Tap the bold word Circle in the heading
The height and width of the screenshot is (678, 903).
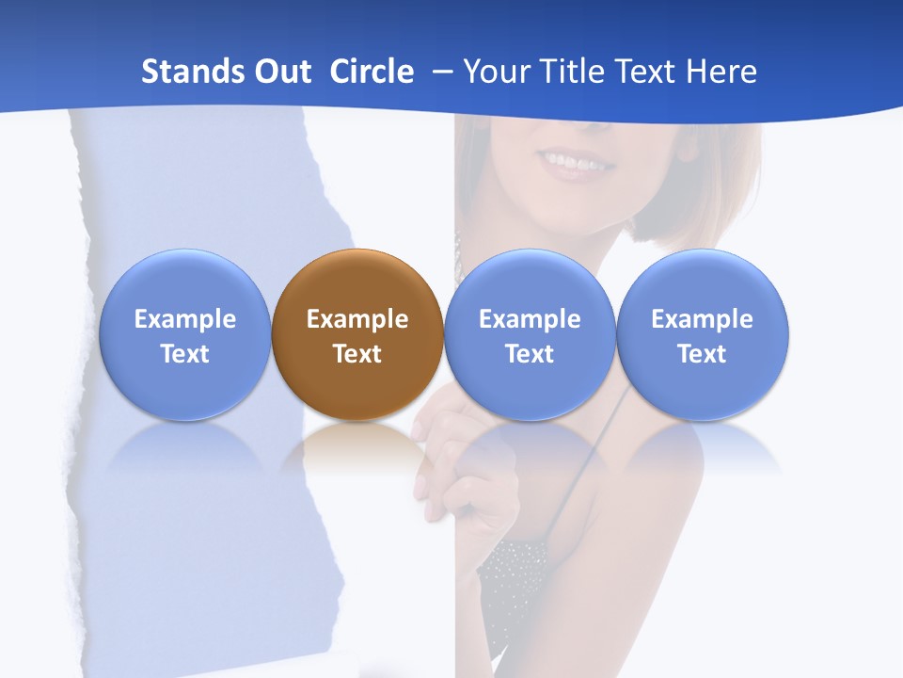(372, 72)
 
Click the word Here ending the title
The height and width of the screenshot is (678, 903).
(721, 72)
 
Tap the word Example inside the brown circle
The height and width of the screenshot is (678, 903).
(357, 319)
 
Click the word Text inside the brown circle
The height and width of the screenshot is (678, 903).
(357, 354)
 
